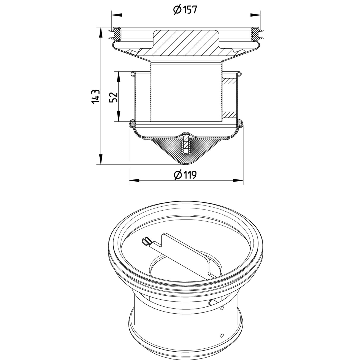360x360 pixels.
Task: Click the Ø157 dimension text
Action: coord(185,10)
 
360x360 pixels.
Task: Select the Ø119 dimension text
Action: coord(185,175)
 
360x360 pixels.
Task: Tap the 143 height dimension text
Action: coord(96,96)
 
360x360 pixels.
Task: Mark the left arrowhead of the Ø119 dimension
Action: coord(133,181)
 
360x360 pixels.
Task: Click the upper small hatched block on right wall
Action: coord(230,81)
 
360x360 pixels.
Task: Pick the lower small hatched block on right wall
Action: coord(230,115)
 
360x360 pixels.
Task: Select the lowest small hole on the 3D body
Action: coord(222,335)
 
